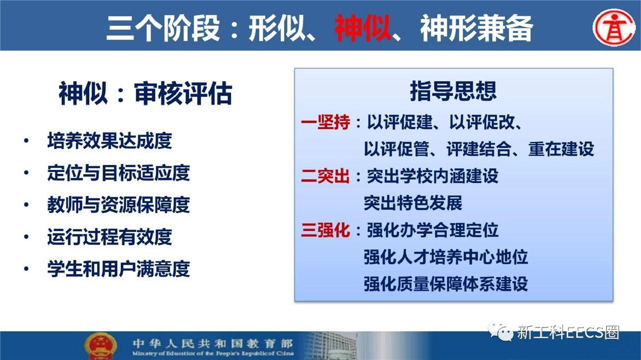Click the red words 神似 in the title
[363, 28]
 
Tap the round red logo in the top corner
[614, 28]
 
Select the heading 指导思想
[453, 91]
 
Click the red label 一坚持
[326, 122]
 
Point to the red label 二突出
[326, 176]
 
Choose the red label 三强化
[326, 230]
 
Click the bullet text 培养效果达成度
[110, 141]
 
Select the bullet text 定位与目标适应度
[119, 173]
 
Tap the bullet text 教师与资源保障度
[119, 205]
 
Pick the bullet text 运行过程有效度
[110, 237]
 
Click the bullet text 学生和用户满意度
[119, 269]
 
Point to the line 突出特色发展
[413, 203]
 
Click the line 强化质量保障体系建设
[446, 284]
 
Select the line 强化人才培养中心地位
[446, 257]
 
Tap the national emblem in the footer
[101, 346]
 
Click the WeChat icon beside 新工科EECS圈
[501, 332]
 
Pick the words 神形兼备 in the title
[476, 28]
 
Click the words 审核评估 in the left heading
[183, 93]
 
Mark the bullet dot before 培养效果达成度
[27, 141]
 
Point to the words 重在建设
[561, 149]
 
